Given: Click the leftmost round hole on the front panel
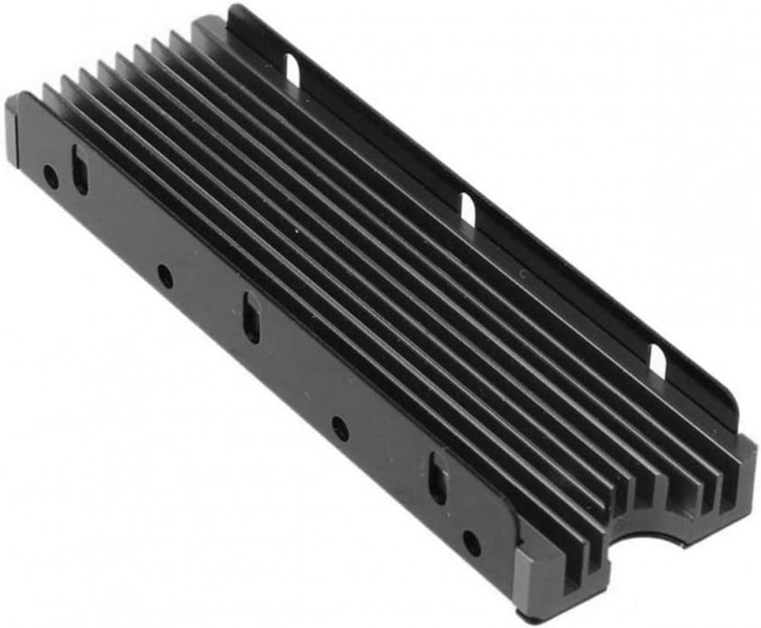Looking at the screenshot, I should tap(50, 177).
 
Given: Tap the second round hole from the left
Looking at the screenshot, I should tap(165, 276).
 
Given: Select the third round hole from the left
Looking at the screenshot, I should tap(341, 430).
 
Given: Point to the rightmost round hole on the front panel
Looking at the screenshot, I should tap(472, 542).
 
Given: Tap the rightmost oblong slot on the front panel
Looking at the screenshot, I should tap(437, 477).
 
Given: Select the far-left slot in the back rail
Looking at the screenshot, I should tap(293, 68).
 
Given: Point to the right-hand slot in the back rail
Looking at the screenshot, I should tap(657, 361).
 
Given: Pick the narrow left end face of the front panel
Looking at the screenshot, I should tap(11, 134).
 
